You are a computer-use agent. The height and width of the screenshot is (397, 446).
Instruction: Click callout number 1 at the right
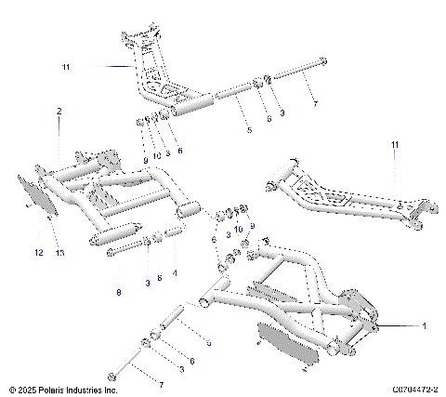pos(424,326)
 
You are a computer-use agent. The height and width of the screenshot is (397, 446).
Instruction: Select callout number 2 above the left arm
pos(59,112)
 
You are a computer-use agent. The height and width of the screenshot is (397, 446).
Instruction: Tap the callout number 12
pos(39,252)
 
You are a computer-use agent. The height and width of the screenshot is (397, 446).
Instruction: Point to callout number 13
pos(59,252)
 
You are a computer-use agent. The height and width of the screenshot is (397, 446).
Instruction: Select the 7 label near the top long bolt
pos(314,104)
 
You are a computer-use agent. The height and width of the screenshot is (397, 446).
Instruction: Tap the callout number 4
pos(174,274)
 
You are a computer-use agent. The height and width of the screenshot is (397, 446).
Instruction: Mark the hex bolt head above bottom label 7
pos(112,376)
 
